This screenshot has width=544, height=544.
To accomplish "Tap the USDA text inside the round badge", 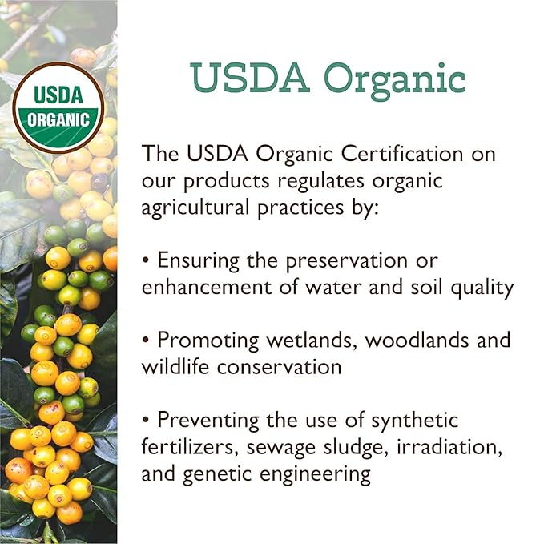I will [58, 95].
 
